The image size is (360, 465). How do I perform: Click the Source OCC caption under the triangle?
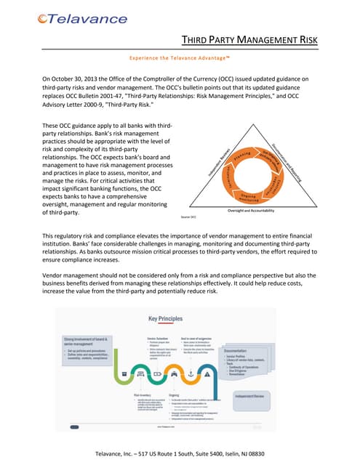tap(188, 197)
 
